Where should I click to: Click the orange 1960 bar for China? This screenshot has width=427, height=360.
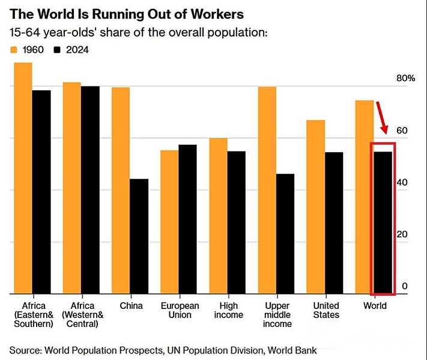(x=121, y=191)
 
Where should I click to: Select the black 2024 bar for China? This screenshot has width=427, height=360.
(x=139, y=236)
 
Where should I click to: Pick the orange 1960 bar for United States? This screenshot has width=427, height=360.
(x=315, y=207)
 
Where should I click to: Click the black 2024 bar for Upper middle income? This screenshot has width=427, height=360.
(x=285, y=234)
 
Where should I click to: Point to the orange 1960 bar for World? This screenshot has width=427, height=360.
(x=364, y=197)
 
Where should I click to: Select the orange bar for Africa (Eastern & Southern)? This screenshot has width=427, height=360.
(x=23, y=178)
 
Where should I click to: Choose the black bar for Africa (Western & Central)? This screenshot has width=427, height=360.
(x=90, y=190)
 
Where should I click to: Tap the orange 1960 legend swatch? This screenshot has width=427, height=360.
(x=15, y=50)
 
